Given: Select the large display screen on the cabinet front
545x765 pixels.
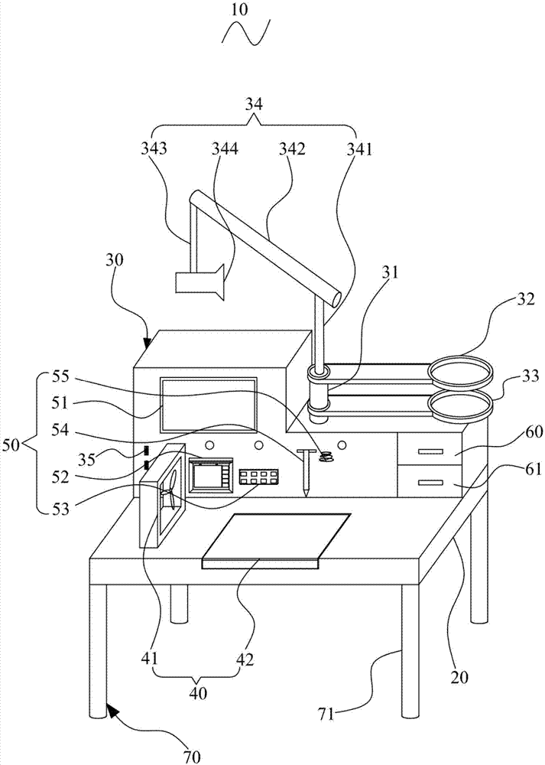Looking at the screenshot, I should point(208,404).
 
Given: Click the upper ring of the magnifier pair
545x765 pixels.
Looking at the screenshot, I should point(460,372).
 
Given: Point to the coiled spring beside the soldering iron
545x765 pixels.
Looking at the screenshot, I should point(327,457).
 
